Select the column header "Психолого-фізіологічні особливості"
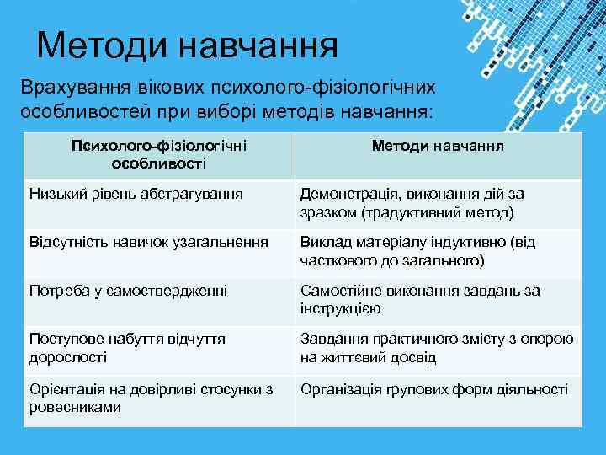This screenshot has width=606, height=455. point(158,153)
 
